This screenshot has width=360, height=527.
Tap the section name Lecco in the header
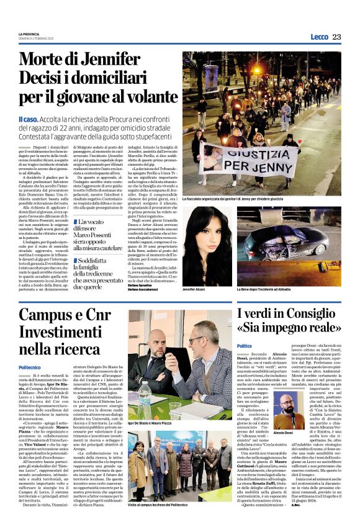click(319, 37)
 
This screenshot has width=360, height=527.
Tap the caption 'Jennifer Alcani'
click(196, 289)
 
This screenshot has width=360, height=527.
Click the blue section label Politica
click(245, 346)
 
